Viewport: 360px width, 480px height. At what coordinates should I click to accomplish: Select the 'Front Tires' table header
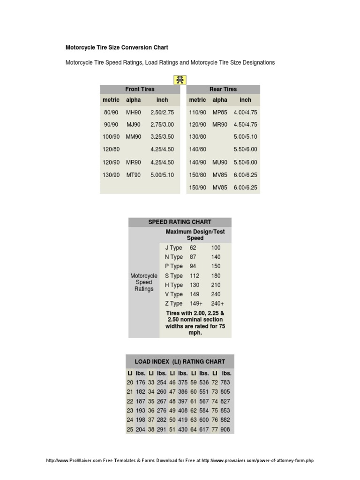tap(140, 89)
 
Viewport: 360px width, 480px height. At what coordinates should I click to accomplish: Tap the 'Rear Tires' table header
tap(223, 89)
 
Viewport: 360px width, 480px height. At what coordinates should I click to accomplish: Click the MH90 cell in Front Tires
tap(133, 112)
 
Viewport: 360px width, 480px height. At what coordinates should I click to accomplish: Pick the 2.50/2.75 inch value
tap(162, 112)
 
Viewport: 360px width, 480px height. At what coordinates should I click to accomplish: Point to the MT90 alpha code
tap(133, 175)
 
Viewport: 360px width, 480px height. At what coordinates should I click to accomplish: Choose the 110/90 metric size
tap(197, 112)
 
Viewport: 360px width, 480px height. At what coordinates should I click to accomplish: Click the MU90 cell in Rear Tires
tap(220, 162)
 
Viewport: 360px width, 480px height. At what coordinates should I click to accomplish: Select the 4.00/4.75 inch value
tap(245, 112)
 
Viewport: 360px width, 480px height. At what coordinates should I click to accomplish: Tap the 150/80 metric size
tap(197, 175)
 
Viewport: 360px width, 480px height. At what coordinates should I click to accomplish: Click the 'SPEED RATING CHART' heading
tap(180, 222)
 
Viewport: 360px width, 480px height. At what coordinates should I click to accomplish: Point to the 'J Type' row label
tap(173, 247)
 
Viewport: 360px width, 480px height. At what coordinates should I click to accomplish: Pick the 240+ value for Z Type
tap(217, 303)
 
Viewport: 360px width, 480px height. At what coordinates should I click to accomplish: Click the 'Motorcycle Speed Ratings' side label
tap(144, 282)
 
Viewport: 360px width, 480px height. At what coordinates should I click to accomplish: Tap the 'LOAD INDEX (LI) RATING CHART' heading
tap(180, 362)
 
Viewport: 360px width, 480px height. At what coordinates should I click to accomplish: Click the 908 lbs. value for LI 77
tap(225, 429)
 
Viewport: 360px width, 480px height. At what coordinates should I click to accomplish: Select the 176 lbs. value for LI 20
tap(140, 382)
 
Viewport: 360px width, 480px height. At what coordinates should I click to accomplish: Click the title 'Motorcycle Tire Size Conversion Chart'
tap(116, 48)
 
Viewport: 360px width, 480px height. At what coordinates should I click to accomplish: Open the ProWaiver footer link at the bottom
tap(180, 461)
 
